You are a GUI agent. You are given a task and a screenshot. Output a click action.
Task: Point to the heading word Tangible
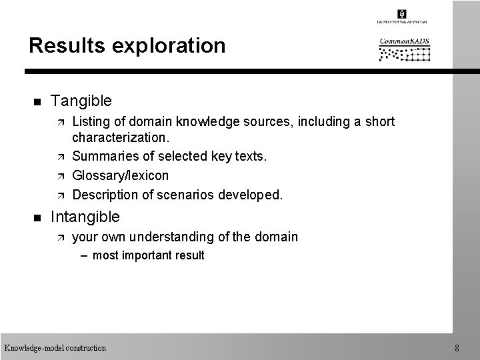click(81, 101)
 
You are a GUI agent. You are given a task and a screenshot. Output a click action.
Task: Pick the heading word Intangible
click(85, 217)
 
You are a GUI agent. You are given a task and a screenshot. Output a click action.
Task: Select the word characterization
click(121, 137)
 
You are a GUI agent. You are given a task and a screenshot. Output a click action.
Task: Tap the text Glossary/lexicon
click(120, 176)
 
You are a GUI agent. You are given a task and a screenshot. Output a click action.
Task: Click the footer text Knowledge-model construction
click(55, 347)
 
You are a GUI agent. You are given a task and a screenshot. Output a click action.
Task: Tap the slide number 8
click(456, 347)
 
